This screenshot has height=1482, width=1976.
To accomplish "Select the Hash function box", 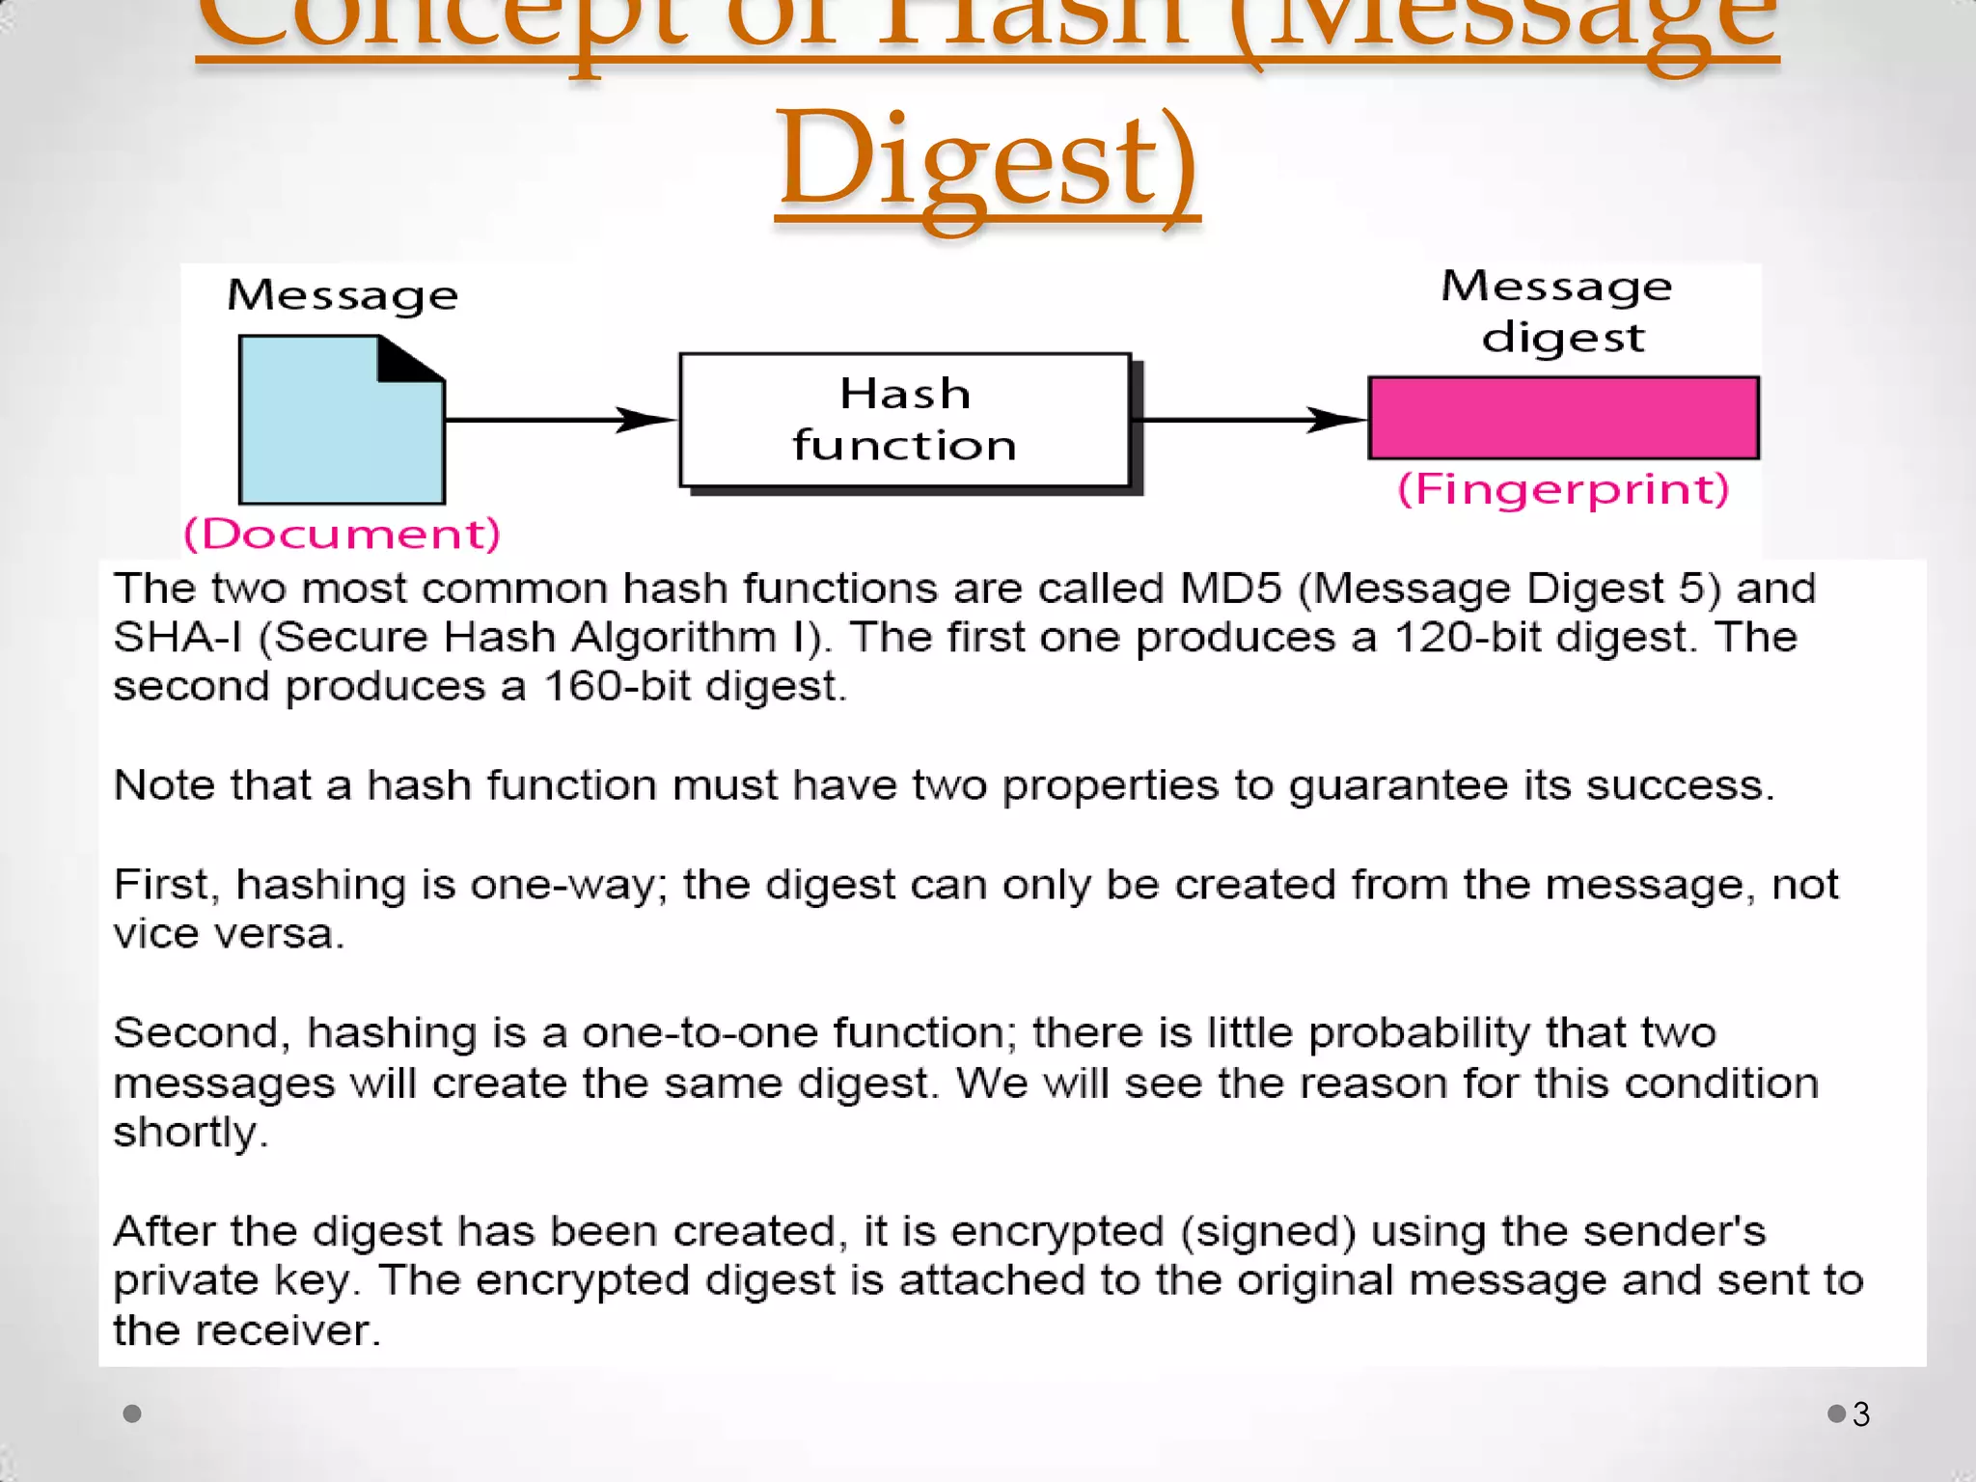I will [905, 420].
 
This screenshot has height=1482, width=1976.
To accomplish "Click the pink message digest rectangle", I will [1563, 418].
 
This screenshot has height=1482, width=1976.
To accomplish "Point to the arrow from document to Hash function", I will [560, 420].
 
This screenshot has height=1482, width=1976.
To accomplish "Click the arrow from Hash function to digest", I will [1249, 420].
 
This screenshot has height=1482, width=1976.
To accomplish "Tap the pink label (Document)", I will [343, 534].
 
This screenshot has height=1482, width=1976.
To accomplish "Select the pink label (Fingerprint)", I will [1563, 489].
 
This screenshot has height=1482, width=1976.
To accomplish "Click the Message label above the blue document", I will [343, 295].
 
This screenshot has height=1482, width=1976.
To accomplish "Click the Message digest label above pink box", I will [1558, 311].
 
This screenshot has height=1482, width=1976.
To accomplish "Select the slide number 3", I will [1861, 1414].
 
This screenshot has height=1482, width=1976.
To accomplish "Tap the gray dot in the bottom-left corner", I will [133, 1413].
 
